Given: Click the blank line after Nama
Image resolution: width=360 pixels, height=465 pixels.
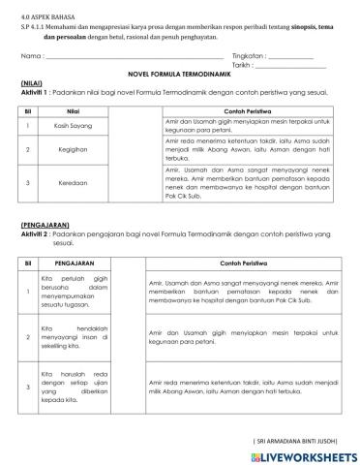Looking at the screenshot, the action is (126, 56).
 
